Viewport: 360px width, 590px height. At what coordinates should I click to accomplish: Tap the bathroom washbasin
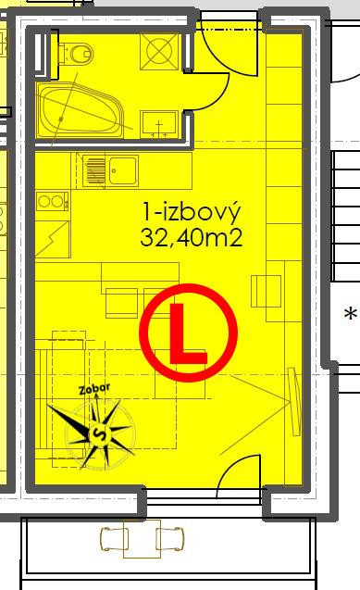159,124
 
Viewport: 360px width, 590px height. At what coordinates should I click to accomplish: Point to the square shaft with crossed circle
159,52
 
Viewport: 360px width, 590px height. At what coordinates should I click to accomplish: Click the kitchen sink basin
122,170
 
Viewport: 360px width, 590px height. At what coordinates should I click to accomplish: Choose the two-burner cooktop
53,201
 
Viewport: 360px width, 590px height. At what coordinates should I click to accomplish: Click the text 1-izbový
191,213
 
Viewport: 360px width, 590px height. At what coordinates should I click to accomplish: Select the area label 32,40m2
192,238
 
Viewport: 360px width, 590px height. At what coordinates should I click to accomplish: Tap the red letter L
188,334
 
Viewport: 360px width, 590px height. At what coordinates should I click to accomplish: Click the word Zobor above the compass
94,389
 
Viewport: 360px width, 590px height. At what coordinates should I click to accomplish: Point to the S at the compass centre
99,433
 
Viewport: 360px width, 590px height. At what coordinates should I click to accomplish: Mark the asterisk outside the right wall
351,314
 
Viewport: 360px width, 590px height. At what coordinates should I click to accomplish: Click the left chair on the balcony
114,538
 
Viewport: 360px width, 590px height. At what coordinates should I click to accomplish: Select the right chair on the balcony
170,538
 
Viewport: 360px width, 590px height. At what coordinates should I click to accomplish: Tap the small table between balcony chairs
142,539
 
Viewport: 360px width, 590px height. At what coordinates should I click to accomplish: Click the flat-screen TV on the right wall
294,402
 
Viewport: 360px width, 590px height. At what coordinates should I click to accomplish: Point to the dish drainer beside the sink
94,171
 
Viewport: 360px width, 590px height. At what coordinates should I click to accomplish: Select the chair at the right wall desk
266,291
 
